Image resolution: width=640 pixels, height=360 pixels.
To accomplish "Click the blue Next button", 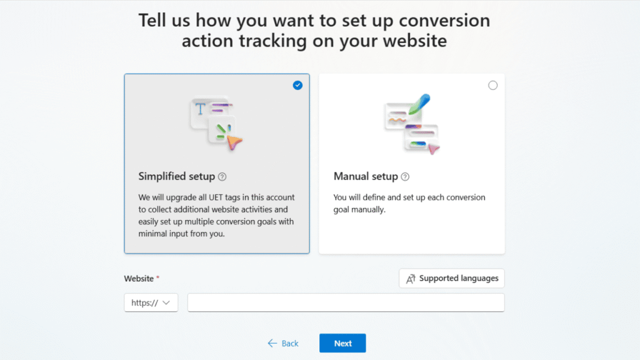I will pyautogui.click(x=342, y=343).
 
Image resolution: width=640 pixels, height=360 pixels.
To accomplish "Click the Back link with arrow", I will pyautogui.click(x=283, y=343).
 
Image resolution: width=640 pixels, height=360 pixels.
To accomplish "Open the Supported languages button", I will pyautogui.click(x=451, y=278).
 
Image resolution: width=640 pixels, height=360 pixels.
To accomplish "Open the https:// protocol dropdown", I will pyautogui.click(x=151, y=302).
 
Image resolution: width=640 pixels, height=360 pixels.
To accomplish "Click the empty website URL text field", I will pyautogui.click(x=346, y=302).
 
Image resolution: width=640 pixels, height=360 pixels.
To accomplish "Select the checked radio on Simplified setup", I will pyautogui.click(x=297, y=85).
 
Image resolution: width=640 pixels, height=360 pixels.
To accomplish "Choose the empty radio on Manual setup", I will pyautogui.click(x=492, y=85).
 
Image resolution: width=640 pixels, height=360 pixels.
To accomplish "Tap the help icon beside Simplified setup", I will pyautogui.click(x=222, y=177).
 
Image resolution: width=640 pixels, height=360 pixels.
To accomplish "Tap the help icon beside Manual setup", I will pyautogui.click(x=405, y=177).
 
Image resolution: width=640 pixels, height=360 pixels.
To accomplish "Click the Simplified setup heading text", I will pyautogui.click(x=176, y=176).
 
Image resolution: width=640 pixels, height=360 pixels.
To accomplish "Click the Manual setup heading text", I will pyautogui.click(x=366, y=176).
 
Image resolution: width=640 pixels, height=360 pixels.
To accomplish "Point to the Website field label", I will pyautogui.click(x=138, y=278).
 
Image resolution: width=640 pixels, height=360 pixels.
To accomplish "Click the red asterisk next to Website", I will pyautogui.click(x=157, y=277).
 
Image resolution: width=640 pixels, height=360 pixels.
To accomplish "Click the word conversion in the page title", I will pyautogui.click(x=445, y=20).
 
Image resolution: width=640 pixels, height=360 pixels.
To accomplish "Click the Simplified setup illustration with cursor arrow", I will pyautogui.click(x=216, y=123).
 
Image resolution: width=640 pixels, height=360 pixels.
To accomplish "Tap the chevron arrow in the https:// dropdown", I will pyautogui.click(x=166, y=302).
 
